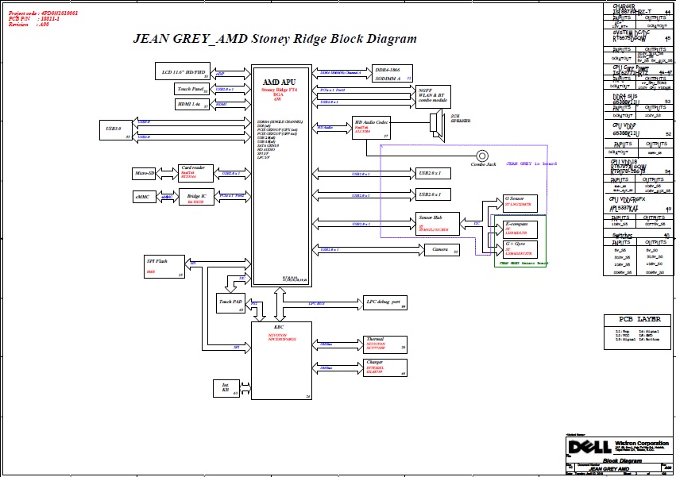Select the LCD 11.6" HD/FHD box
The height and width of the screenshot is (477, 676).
(182, 73)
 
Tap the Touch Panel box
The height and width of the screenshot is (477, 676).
(191, 90)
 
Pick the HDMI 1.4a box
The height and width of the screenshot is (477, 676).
(191, 104)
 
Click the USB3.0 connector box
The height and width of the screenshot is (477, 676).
(115, 129)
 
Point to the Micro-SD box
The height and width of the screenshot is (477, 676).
(145, 173)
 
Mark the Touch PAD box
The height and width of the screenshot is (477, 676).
(230, 302)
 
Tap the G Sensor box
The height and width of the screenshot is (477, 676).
(520, 202)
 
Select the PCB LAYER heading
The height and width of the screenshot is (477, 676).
(637, 318)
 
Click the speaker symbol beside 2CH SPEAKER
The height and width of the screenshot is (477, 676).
(435, 124)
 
